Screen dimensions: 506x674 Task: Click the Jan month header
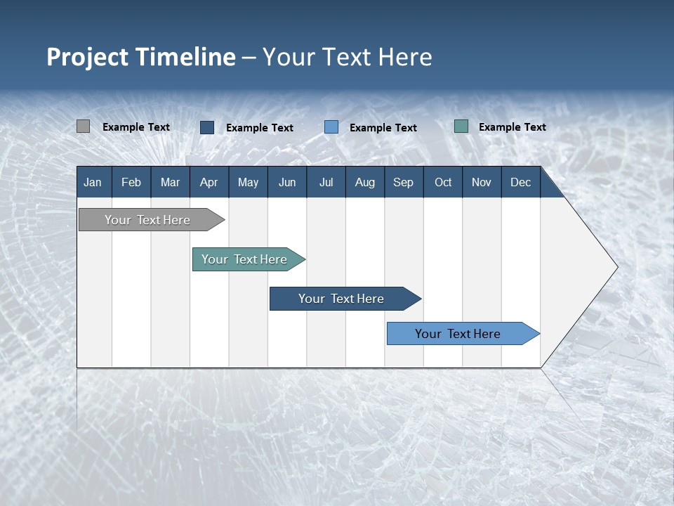(x=93, y=182)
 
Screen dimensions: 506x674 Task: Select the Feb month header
(x=131, y=182)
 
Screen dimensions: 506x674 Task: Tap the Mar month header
(x=170, y=182)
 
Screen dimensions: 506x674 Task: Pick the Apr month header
(x=209, y=182)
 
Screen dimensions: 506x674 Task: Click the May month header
(x=248, y=182)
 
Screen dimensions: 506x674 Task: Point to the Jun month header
(x=287, y=182)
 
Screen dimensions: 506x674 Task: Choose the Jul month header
(x=326, y=182)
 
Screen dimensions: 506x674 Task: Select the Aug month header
(x=365, y=182)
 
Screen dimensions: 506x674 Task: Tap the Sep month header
(x=404, y=182)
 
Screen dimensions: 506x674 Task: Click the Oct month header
(x=443, y=182)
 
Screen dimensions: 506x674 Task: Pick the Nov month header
(x=482, y=182)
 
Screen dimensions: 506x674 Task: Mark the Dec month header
(x=521, y=182)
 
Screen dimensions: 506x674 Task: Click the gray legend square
(x=84, y=126)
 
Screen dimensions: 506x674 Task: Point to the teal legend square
(x=461, y=126)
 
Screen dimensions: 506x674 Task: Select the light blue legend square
(x=331, y=127)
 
